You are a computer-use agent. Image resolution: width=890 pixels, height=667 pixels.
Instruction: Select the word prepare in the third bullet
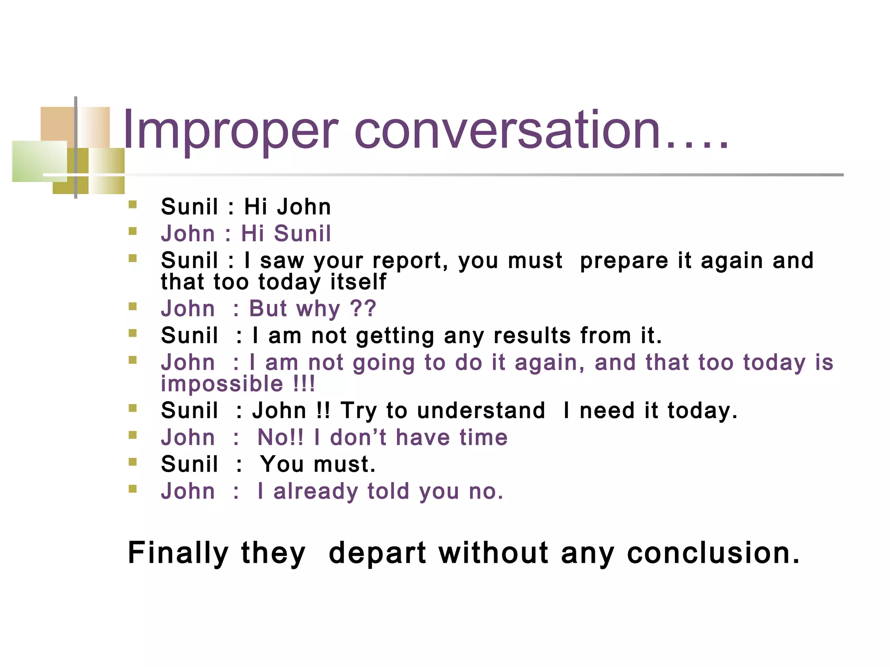[624, 261]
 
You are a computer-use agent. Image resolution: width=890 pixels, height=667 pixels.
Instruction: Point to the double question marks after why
[363, 309]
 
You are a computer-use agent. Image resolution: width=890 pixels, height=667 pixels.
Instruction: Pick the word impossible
[222, 384]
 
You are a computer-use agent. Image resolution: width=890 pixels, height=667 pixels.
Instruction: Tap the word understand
[481, 411]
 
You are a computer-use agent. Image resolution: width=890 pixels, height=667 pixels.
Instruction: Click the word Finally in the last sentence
[178, 553]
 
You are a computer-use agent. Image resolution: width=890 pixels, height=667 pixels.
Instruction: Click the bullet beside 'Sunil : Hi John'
[133, 204]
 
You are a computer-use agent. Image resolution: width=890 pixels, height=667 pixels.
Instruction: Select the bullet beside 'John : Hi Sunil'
[133, 231]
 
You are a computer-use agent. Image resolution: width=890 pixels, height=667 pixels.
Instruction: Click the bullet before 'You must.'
[133, 462]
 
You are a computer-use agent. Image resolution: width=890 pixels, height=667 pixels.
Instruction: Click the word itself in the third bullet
[358, 282]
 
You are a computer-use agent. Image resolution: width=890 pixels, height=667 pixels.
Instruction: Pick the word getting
[395, 336]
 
